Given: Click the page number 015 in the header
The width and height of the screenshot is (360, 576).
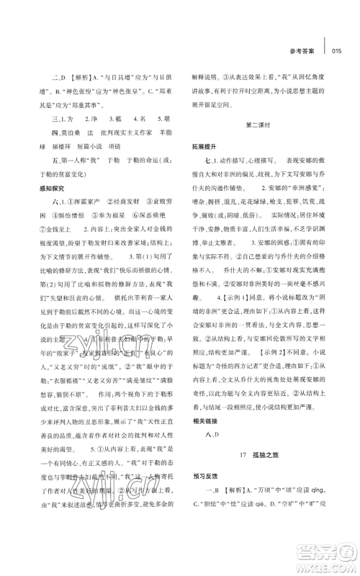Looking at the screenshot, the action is (x=340, y=50).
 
